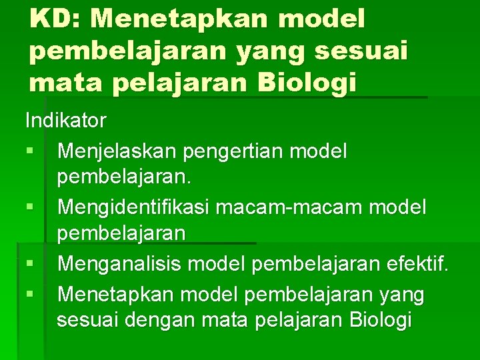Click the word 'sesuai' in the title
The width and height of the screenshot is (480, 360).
374,51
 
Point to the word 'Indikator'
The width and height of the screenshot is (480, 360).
65,121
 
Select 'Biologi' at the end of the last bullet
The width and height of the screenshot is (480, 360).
380,321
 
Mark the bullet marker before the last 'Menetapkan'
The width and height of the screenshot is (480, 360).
30,294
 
